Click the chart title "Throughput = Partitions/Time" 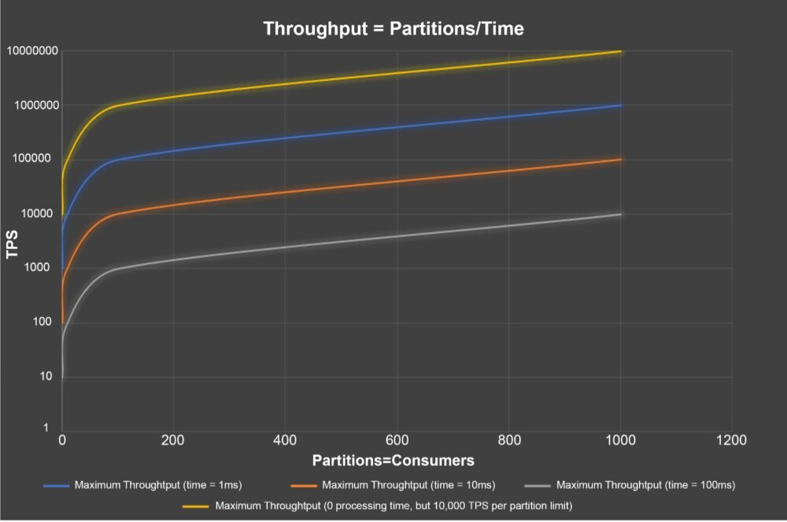[393, 29]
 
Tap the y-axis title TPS [13, 240]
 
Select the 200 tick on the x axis [174, 441]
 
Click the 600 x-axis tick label [397, 441]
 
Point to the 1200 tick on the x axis [731, 441]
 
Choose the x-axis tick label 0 [62, 441]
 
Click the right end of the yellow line [621, 51]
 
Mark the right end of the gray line [621, 214]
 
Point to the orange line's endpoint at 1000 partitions [621, 160]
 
